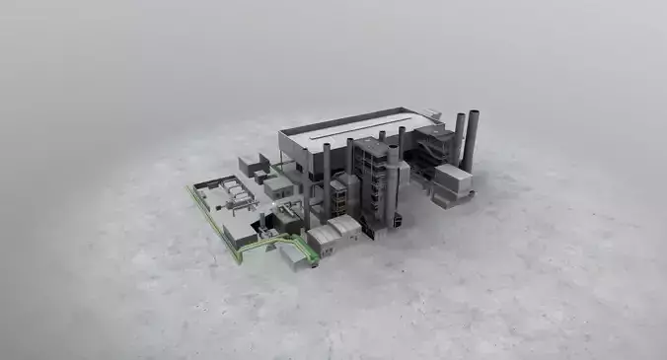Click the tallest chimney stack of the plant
(473, 138)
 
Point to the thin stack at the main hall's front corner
(327, 178)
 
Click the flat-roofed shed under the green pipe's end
(294, 256)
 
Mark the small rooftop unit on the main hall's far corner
(431, 112)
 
